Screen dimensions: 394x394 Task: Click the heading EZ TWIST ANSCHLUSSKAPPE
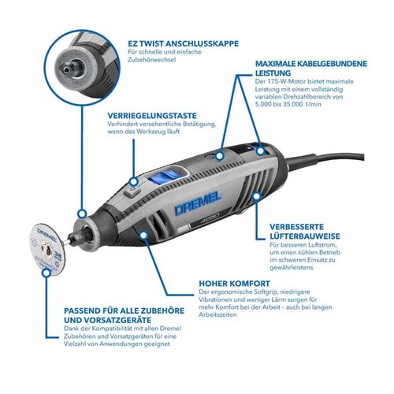point(184,43)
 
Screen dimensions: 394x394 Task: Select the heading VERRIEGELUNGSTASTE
point(152,116)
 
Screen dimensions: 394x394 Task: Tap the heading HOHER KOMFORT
point(234,284)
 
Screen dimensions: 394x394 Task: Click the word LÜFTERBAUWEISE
point(305,236)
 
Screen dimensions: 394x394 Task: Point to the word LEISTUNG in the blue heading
point(273,72)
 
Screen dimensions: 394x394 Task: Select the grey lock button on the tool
point(132,192)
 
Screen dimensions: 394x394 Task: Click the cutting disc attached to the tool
point(46,249)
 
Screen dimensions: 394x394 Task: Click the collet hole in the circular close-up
point(67,69)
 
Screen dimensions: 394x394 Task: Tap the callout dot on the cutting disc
point(46,273)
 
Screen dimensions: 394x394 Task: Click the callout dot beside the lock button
point(134,181)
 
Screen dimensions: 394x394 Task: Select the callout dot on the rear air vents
point(257,195)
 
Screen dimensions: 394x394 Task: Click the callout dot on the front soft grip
point(143,235)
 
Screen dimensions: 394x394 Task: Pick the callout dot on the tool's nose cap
point(82,214)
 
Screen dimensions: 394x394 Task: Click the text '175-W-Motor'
point(284,81)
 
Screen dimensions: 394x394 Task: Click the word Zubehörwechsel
point(151,60)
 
